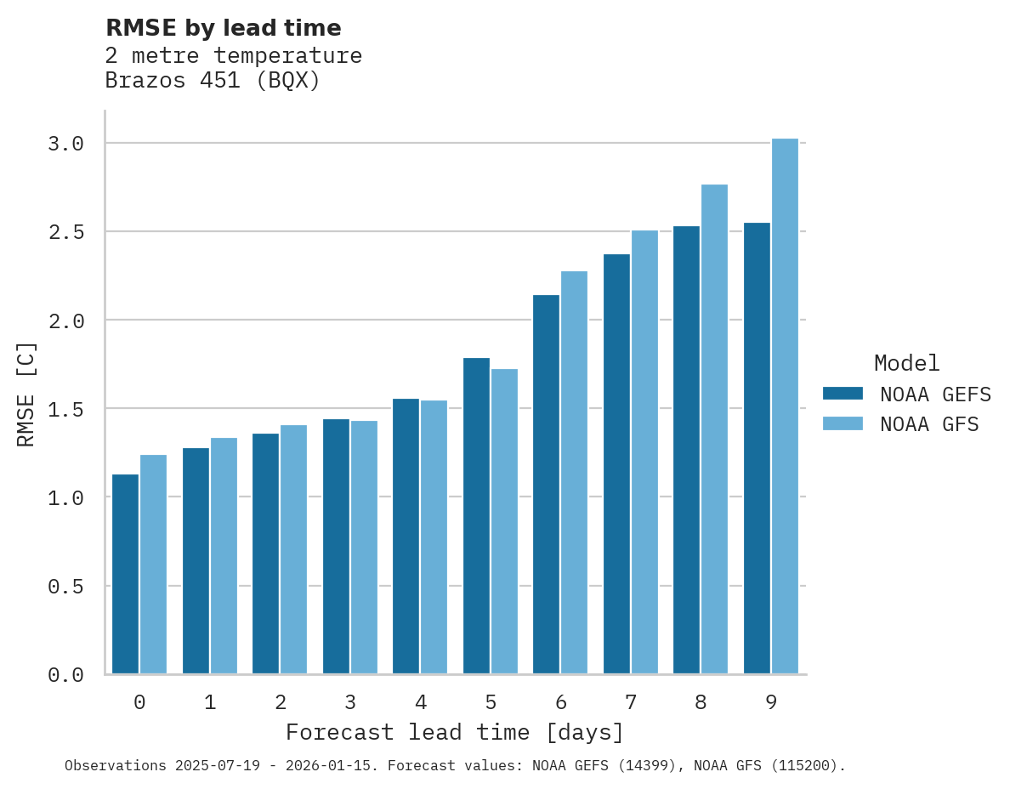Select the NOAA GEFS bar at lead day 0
click(x=125, y=574)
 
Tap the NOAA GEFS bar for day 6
click(x=546, y=485)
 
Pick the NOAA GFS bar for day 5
click(x=504, y=521)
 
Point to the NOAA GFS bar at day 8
click(x=714, y=429)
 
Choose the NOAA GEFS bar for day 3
click(x=336, y=547)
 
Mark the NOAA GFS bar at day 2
click(x=293, y=549)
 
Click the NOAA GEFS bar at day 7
click(x=616, y=464)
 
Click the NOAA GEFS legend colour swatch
click(x=843, y=394)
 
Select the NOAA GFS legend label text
click(x=929, y=424)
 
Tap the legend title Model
click(x=906, y=364)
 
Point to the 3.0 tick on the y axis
click(x=65, y=144)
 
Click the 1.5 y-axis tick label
click(x=65, y=410)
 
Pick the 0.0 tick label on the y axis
click(x=65, y=675)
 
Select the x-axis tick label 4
click(x=421, y=702)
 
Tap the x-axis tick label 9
click(x=771, y=702)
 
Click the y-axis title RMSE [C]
click(x=27, y=394)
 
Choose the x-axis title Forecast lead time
click(x=455, y=732)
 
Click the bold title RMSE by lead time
click(x=224, y=28)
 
